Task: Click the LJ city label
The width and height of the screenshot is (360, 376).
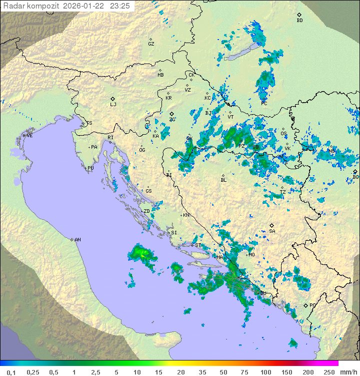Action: [x=113, y=105]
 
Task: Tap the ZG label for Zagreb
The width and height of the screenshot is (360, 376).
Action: [x=172, y=120]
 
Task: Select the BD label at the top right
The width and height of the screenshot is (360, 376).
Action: [x=299, y=21]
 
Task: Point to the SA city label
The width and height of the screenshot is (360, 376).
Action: [x=272, y=231]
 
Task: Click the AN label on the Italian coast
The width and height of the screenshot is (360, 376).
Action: [x=77, y=240]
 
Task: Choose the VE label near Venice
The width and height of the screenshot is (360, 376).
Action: [x=29, y=136]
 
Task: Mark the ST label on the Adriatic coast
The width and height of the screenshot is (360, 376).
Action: [x=198, y=245]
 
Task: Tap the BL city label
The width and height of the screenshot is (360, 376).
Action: [x=223, y=180]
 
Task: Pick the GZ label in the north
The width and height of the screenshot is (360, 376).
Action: [x=151, y=44]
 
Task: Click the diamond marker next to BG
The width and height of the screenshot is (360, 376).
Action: [x=355, y=171]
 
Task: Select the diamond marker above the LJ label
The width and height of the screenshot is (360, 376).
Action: [x=113, y=99]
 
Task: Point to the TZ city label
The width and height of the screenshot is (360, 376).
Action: [x=282, y=192]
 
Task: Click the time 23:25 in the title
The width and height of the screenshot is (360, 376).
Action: [x=119, y=6]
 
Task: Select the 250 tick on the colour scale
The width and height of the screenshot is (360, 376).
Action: [x=328, y=372]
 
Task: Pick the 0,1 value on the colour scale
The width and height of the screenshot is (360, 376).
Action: [x=11, y=372]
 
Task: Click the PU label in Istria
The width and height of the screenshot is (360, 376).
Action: [x=90, y=168]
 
